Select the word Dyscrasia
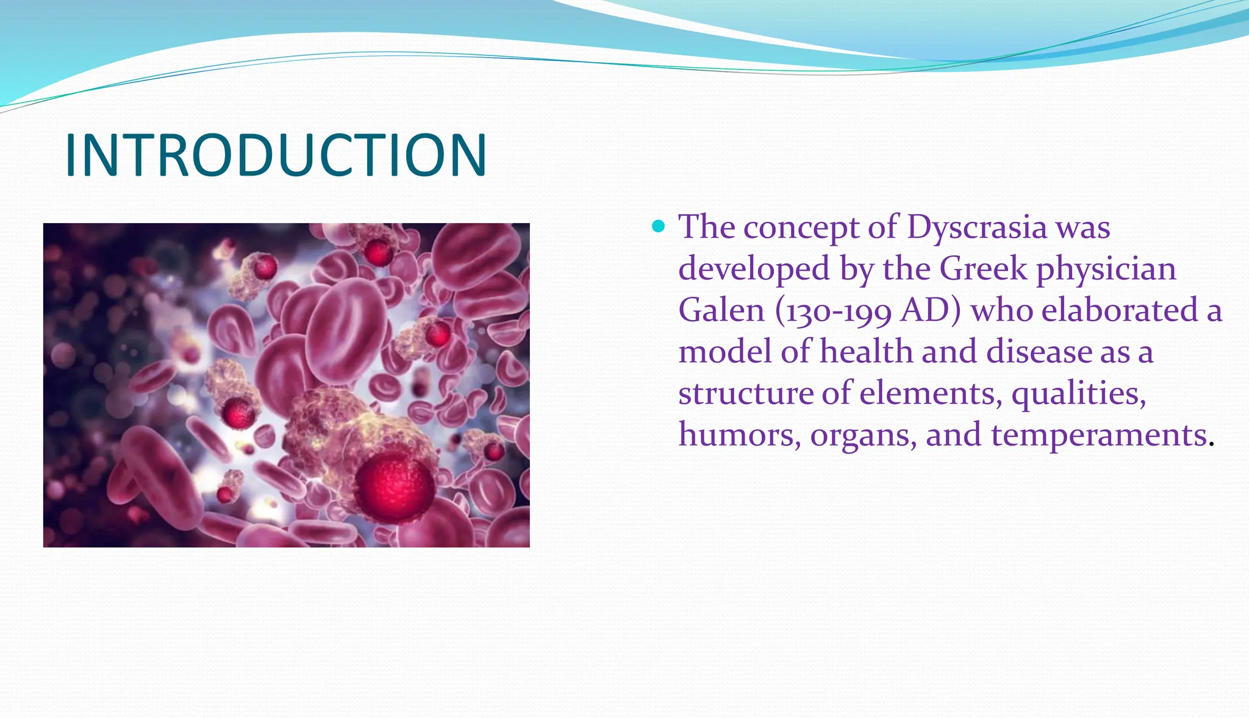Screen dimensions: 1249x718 point(977,227)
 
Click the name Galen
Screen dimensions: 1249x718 point(721,310)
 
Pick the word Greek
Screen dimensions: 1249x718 point(983,268)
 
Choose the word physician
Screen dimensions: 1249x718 point(1106,270)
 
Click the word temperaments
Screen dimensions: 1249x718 point(1100,436)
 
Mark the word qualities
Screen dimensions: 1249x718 point(1079,394)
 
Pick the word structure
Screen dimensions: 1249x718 point(746,394)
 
